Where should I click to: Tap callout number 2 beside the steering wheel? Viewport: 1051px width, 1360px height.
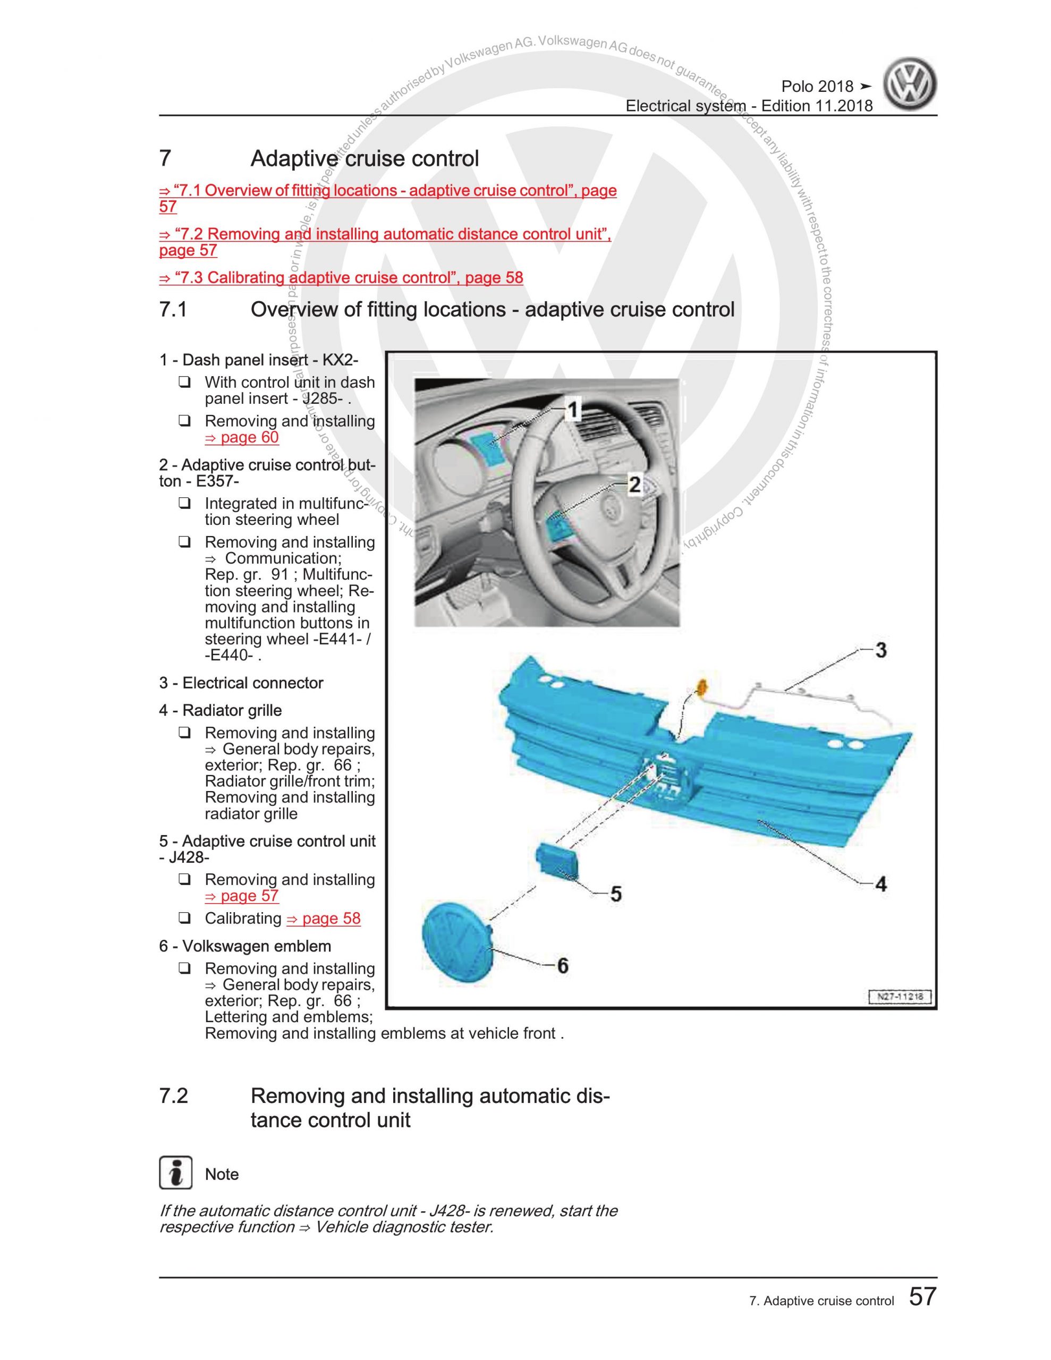coord(634,484)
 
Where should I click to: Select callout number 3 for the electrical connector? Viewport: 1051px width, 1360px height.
coord(880,650)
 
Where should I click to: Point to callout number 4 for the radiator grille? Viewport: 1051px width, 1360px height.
coord(880,883)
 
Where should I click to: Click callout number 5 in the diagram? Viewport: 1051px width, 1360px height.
coord(615,894)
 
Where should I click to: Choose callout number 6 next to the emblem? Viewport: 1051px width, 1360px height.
coord(562,965)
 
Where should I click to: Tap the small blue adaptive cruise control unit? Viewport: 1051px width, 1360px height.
coord(557,861)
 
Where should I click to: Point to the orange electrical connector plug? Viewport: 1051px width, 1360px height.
coord(701,687)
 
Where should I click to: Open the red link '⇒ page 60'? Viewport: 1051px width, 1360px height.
coord(242,437)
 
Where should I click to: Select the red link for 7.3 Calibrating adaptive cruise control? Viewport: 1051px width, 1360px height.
coord(342,278)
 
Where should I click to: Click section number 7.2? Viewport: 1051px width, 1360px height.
coord(173,1096)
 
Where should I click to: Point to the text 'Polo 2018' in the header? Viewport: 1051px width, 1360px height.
coord(817,87)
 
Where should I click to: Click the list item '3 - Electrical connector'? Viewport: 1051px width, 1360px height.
coord(241,683)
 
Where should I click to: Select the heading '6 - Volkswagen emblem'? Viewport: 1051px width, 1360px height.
coord(245,947)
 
